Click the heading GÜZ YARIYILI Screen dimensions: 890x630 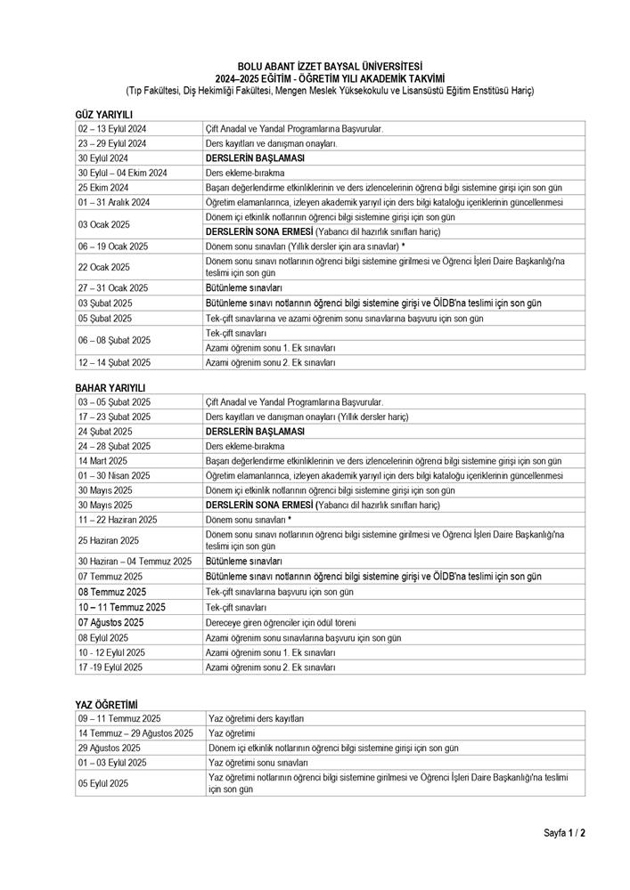click(103, 115)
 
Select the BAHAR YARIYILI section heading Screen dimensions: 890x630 click(110, 388)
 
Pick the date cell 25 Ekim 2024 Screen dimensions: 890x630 click(104, 187)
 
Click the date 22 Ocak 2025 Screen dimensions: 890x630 click(104, 267)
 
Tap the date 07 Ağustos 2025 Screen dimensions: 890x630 click(110, 622)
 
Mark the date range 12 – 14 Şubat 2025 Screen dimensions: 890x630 click(114, 362)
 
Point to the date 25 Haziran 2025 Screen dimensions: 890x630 click(109, 540)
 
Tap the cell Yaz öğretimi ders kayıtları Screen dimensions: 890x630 click(256, 717)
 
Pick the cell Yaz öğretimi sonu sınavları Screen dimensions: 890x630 click(258, 763)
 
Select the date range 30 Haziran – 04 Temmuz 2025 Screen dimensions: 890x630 click(135, 562)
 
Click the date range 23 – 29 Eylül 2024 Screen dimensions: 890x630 click(112, 142)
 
